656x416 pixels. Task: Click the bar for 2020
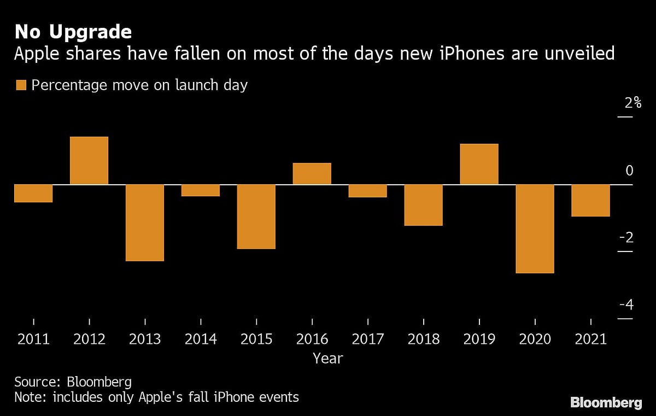pyautogui.click(x=535, y=228)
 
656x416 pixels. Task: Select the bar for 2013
pyautogui.click(x=145, y=222)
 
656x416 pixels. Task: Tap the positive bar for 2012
pyautogui.click(x=89, y=161)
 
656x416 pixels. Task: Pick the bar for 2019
pyautogui.click(x=479, y=164)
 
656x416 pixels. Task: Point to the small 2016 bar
pyautogui.click(x=312, y=174)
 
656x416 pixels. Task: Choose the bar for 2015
pyautogui.click(x=256, y=216)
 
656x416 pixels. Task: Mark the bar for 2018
pyautogui.click(x=424, y=205)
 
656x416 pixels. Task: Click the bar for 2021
pyautogui.click(x=591, y=201)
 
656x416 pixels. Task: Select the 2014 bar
pyautogui.click(x=201, y=190)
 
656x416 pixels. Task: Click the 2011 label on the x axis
pyautogui.click(x=33, y=339)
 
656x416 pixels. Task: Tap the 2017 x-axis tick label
pyautogui.click(x=368, y=339)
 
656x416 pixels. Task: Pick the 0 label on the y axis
pyautogui.click(x=629, y=171)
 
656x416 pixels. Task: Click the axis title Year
pyautogui.click(x=327, y=359)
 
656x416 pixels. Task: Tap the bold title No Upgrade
pyautogui.click(x=73, y=32)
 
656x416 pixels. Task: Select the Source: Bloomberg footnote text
pyautogui.click(x=73, y=382)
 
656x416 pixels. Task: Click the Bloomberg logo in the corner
pyautogui.click(x=606, y=403)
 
